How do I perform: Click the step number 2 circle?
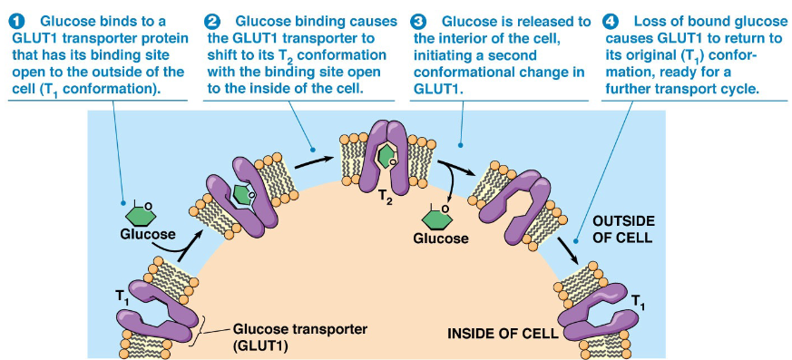213,21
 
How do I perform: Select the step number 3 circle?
419,21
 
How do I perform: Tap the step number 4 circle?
611,21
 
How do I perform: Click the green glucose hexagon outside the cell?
140,213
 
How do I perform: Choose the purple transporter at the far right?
594,314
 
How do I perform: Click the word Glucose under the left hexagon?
147,235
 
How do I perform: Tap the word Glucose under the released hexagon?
441,238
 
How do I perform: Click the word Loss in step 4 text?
650,21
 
